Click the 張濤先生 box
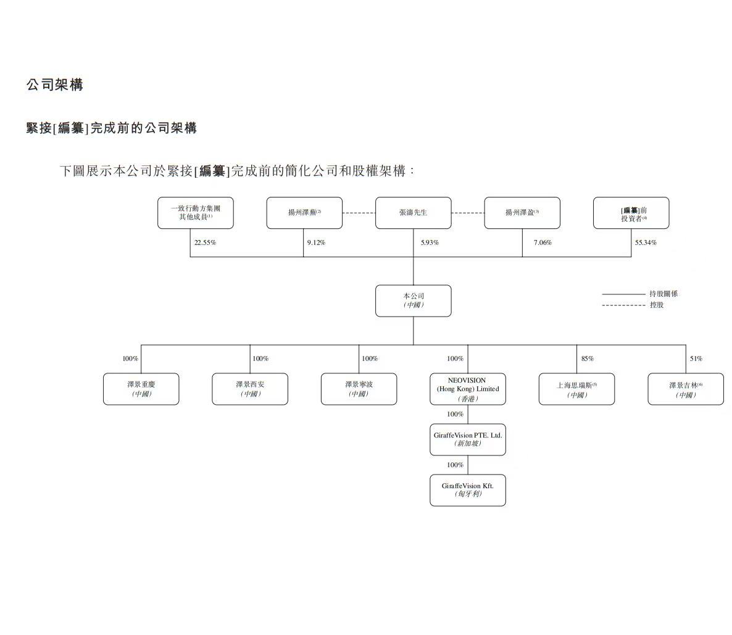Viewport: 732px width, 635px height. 413,213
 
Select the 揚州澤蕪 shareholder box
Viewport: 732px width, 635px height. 304,213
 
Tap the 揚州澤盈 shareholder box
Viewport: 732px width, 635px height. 522,213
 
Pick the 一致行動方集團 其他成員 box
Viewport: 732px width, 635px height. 195,213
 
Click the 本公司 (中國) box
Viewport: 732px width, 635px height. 413,301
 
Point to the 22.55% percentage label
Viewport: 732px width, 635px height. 205,243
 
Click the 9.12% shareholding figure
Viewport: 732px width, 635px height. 316,243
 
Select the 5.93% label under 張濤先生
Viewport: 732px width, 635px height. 430,243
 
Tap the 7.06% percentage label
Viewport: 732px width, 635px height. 543,243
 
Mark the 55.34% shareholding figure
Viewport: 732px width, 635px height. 646,243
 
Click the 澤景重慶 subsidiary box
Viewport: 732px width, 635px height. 141,389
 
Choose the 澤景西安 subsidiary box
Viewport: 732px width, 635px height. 250,389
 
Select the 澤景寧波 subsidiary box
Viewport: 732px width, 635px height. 359,389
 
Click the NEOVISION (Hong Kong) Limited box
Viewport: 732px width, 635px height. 467,389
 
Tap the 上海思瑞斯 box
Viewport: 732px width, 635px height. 576,389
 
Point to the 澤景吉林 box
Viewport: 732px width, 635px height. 685,389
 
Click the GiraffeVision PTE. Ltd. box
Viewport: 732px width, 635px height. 467,439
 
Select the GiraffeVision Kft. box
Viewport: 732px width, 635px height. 467,490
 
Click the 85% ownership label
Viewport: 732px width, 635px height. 587,359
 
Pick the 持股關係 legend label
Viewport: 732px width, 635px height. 663,294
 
